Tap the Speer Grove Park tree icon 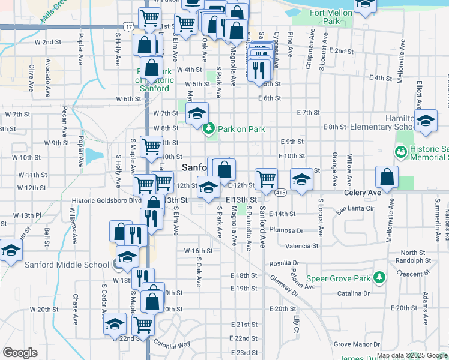click(x=379, y=277)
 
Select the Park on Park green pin click(x=209, y=128)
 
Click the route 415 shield click(x=281, y=193)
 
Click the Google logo click(x=20, y=353)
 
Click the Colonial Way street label click(x=172, y=344)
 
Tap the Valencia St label click(x=302, y=246)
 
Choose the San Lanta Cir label click(x=355, y=209)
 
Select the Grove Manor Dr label click(x=354, y=344)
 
